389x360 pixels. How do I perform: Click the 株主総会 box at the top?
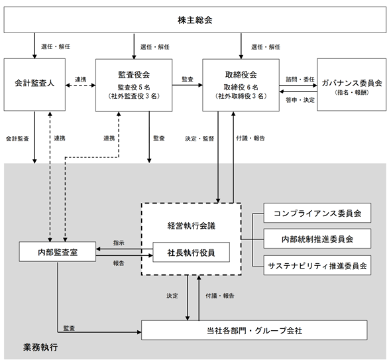(x=195, y=20)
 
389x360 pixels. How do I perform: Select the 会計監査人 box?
(x=34, y=85)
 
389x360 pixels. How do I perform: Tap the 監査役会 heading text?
(x=134, y=74)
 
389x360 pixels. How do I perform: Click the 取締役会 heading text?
(x=241, y=74)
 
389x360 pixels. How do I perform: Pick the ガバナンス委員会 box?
(x=352, y=85)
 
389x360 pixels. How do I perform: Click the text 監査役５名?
(x=134, y=87)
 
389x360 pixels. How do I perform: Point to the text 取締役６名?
(x=241, y=87)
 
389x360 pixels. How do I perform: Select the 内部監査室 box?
(x=58, y=252)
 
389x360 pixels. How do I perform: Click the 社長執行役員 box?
(x=191, y=252)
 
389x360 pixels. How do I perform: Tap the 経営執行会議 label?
(x=192, y=225)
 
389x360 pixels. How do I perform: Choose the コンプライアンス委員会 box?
(x=317, y=213)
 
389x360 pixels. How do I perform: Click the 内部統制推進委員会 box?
(x=317, y=239)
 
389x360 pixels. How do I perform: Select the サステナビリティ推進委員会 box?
(x=317, y=265)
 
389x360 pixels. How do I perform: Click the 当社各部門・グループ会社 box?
(x=254, y=330)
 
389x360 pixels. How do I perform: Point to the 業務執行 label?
(x=40, y=347)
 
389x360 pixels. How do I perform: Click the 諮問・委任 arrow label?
(x=300, y=79)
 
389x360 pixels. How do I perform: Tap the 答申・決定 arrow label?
(x=300, y=100)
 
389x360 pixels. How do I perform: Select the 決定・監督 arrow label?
(x=199, y=139)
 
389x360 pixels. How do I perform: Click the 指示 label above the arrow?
(x=119, y=243)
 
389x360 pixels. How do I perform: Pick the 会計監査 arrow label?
(x=17, y=139)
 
